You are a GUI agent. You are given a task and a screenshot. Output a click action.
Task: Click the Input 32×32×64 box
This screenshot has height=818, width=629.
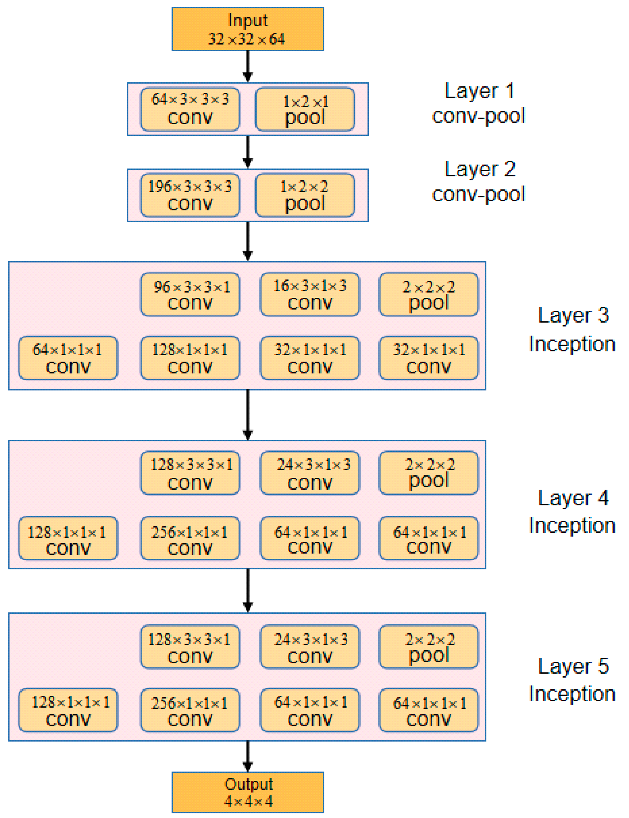click(x=248, y=29)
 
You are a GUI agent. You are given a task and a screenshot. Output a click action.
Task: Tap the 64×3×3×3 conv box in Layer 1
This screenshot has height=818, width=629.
click(x=190, y=109)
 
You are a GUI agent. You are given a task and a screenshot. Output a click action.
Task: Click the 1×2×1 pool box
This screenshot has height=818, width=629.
click(x=305, y=109)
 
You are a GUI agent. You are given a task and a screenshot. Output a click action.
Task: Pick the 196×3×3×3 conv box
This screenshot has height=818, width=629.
click(x=190, y=195)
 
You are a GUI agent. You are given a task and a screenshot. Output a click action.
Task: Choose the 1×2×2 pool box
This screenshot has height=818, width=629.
click(x=305, y=195)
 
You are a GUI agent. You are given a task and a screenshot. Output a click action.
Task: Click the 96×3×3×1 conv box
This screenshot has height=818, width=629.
click(x=190, y=294)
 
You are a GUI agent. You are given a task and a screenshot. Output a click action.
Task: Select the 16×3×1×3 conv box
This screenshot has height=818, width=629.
click(x=310, y=294)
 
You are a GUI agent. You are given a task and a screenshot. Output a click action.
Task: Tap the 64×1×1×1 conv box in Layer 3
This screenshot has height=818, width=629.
click(x=68, y=358)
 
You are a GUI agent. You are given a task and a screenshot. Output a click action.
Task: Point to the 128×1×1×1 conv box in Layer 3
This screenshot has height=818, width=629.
click(x=190, y=358)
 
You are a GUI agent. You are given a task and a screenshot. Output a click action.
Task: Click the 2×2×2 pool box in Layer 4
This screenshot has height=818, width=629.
click(x=428, y=473)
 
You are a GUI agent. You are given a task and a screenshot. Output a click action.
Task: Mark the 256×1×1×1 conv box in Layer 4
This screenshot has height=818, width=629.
click(x=190, y=538)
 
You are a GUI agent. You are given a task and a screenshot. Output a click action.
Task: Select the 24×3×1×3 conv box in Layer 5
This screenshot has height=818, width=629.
click(x=310, y=646)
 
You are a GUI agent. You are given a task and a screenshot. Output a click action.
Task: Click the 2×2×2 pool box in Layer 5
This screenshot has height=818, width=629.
click(x=428, y=646)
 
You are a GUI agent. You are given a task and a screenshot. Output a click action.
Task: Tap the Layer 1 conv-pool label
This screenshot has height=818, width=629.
click(x=479, y=103)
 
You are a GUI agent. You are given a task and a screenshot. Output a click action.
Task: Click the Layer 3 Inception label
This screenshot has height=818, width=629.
click(x=572, y=329)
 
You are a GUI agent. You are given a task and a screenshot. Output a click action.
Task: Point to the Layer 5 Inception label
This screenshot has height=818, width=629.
click(x=572, y=680)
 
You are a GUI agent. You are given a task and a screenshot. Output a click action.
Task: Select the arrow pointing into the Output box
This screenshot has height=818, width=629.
click(x=248, y=756)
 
